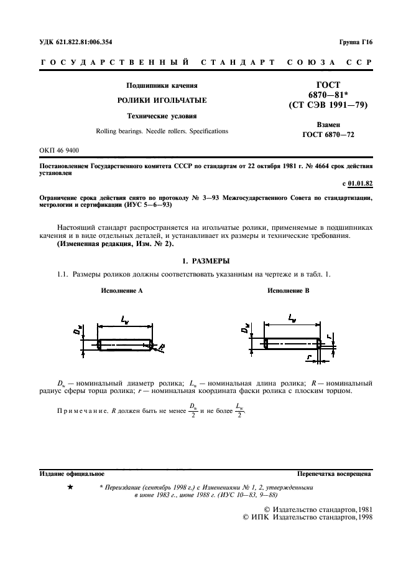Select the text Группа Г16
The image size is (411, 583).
pos(356,42)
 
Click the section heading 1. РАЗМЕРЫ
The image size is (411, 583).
pos(205,260)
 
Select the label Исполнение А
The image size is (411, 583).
pos(122,291)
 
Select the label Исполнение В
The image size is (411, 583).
pos(288,291)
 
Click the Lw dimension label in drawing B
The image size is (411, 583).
pos(292,318)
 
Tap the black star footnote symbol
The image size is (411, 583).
pos(70,488)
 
